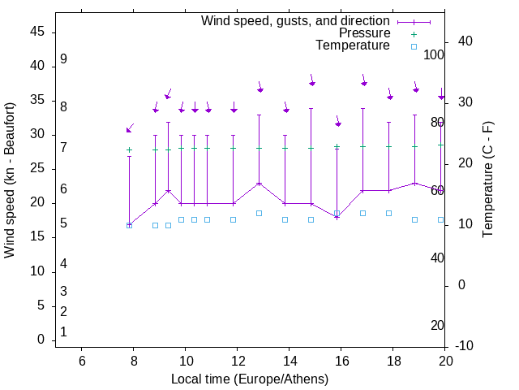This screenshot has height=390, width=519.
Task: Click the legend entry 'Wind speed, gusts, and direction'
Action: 296,20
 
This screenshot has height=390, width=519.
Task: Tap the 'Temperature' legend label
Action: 353,45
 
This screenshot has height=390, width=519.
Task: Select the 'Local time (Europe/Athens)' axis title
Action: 250,379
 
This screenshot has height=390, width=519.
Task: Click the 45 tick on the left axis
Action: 37,32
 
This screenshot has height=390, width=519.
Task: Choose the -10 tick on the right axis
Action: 465,346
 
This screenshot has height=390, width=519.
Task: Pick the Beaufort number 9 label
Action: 63,59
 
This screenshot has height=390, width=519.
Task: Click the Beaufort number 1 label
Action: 63,331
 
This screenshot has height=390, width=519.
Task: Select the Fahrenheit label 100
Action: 434,54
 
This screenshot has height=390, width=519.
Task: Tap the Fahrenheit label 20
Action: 437,325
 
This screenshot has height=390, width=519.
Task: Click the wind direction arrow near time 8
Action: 129,128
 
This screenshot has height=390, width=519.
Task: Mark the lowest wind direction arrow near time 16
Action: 338,123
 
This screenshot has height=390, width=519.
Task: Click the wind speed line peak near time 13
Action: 259,184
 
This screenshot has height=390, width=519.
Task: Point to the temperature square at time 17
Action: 362,213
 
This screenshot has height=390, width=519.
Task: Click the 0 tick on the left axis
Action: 41,340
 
